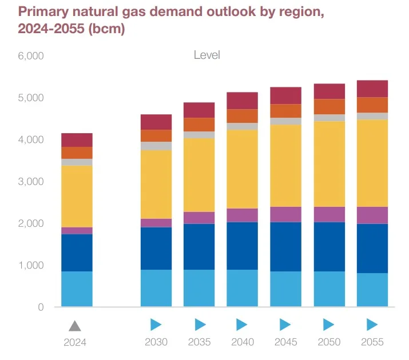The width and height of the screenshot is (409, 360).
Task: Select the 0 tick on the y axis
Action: [41, 307]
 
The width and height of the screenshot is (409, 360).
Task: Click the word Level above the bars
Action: [207, 55]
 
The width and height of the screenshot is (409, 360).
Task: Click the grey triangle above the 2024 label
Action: [75, 326]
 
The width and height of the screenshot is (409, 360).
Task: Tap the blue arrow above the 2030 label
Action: [156, 325]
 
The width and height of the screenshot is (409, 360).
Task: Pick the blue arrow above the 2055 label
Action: [372, 325]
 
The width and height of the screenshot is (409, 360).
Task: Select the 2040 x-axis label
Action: [243, 342]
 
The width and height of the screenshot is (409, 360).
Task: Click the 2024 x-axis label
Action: [75, 343]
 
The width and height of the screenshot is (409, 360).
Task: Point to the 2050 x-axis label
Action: [329, 342]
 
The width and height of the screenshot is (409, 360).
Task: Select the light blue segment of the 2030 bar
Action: [156, 288]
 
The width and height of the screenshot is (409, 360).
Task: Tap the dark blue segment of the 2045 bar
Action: [285, 246]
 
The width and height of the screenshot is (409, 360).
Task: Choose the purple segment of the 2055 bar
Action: [372, 215]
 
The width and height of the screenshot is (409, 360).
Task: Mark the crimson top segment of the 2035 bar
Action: [199, 110]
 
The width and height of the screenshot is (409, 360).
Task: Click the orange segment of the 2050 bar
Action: [329, 107]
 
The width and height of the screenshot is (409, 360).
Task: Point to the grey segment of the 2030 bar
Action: [156, 146]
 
